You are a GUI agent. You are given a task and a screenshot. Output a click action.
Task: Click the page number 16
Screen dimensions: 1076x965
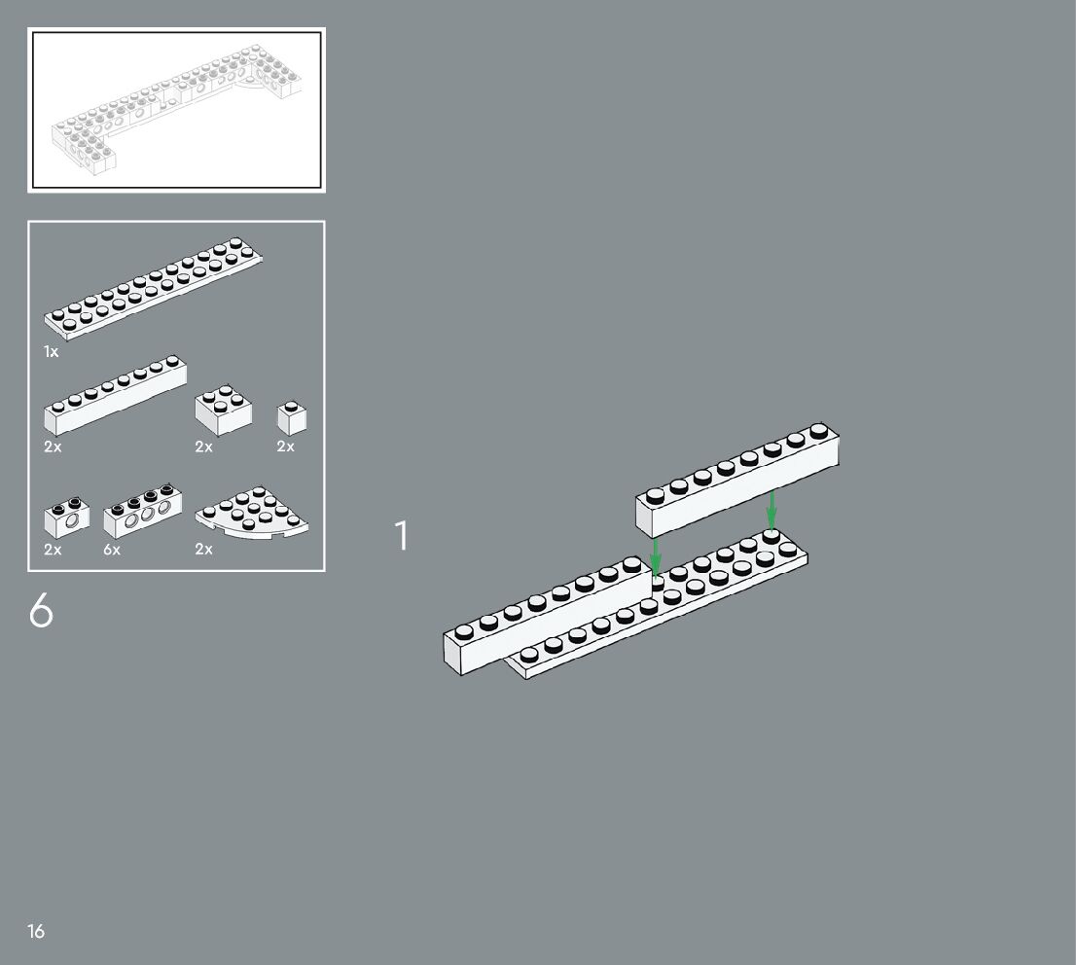[x=36, y=932]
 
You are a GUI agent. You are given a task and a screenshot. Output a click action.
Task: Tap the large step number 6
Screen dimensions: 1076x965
[x=41, y=611]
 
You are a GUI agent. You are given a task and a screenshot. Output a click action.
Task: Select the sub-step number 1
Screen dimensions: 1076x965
[x=401, y=536]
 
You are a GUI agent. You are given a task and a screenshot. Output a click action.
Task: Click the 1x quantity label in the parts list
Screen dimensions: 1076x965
[x=52, y=351]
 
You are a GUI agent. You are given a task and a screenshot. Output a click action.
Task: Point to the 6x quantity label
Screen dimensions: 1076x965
[x=112, y=550]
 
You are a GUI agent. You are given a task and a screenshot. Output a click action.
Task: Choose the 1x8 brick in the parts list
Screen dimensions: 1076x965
[x=115, y=397]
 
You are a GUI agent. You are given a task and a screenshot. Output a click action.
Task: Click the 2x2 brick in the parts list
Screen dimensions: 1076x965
[x=223, y=410]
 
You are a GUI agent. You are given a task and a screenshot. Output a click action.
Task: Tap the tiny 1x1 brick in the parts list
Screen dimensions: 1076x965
[x=292, y=417]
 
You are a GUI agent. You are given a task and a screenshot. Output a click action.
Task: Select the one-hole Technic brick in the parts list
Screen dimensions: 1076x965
[x=67, y=518]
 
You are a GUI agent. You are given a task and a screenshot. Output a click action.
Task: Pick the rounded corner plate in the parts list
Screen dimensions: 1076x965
[x=253, y=513]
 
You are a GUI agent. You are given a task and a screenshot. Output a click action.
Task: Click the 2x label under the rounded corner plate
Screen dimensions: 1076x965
[x=203, y=550]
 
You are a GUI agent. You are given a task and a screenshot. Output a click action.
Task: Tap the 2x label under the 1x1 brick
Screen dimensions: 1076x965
[x=285, y=447]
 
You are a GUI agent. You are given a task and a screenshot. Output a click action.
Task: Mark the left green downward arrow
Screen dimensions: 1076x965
[x=656, y=557]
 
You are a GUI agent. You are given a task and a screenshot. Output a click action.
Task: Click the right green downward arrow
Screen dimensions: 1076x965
[x=771, y=510]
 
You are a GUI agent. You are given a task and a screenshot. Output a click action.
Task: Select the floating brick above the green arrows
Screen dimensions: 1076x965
[x=738, y=482]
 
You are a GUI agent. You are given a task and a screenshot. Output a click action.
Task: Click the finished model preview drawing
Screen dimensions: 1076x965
[x=176, y=110]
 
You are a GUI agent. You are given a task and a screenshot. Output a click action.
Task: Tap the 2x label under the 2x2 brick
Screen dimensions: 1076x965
[x=203, y=447]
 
